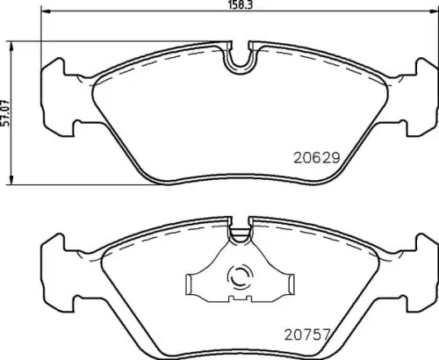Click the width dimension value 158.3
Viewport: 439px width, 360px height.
230,11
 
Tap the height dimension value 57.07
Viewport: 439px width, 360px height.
7,112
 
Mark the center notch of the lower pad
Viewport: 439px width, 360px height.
239,234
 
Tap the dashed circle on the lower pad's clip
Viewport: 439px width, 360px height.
238,278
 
